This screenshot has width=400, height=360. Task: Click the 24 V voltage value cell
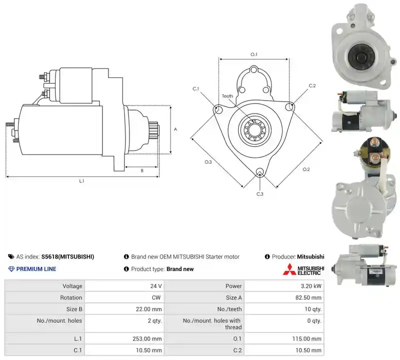(156, 286)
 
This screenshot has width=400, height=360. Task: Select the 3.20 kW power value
(311, 286)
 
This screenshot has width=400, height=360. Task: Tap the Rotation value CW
(156, 297)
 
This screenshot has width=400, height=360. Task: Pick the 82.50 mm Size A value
(308, 297)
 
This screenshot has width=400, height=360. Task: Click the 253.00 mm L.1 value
(147, 339)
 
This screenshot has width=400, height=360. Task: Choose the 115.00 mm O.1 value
(307, 339)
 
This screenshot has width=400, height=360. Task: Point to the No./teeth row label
(229, 309)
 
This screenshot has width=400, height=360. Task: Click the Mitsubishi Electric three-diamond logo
(289, 269)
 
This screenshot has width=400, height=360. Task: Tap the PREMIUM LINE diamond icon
(11, 269)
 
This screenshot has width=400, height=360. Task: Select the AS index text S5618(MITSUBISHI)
(67, 256)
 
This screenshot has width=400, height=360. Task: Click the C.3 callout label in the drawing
(259, 194)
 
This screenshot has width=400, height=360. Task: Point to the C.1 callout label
(195, 89)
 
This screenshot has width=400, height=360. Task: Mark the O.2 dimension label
(306, 169)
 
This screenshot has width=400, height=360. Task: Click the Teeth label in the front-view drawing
(227, 96)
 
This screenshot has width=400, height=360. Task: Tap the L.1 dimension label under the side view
(81, 181)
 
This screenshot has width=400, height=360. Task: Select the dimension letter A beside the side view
(175, 129)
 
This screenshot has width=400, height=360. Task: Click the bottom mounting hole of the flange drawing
(260, 171)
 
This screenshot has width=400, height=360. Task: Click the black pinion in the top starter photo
(360, 56)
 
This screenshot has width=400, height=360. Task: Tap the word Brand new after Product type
(180, 269)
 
